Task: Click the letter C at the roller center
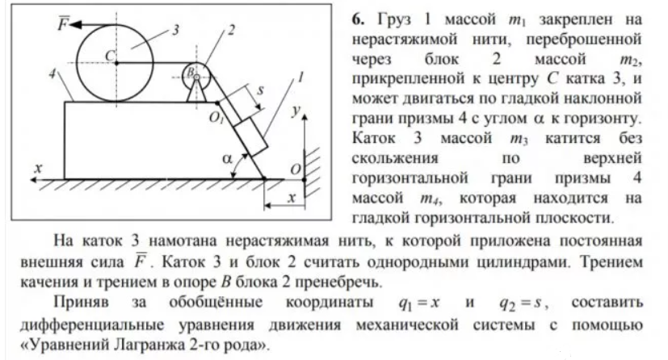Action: pyautogui.click(x=109, y=56)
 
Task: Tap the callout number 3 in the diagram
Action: pyautogui.click(x=175, y=30)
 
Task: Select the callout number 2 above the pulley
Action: pyautogui.click(x=231, y=30)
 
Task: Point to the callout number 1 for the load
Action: pyautogui.click(x=300, y=77)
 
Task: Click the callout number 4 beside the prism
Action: pyautogui.click(x=52, y=74)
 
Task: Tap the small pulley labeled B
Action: pyautogui.click(x=196, y=77)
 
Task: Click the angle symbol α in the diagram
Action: pyautogui.click(x=227, y=159)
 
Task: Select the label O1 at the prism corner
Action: pyautogui.click(x=216, y=118)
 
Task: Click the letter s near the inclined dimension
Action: pyautogui.click(x=260, y=90)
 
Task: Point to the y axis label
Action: pyautogui.click(x=296, y=111)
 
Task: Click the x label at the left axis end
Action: pyautogui.click(x=38, y=168)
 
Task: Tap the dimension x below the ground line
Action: pyautogui.click(x=292, y=198)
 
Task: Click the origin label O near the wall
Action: pyautogui.click(x=296, y=170)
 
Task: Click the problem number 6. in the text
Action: pyautogui.click(x=358, y=19)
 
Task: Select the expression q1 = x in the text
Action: pyautogui.click(x=418, y=303)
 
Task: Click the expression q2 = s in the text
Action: pyautogui.click(x=522, y=303)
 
